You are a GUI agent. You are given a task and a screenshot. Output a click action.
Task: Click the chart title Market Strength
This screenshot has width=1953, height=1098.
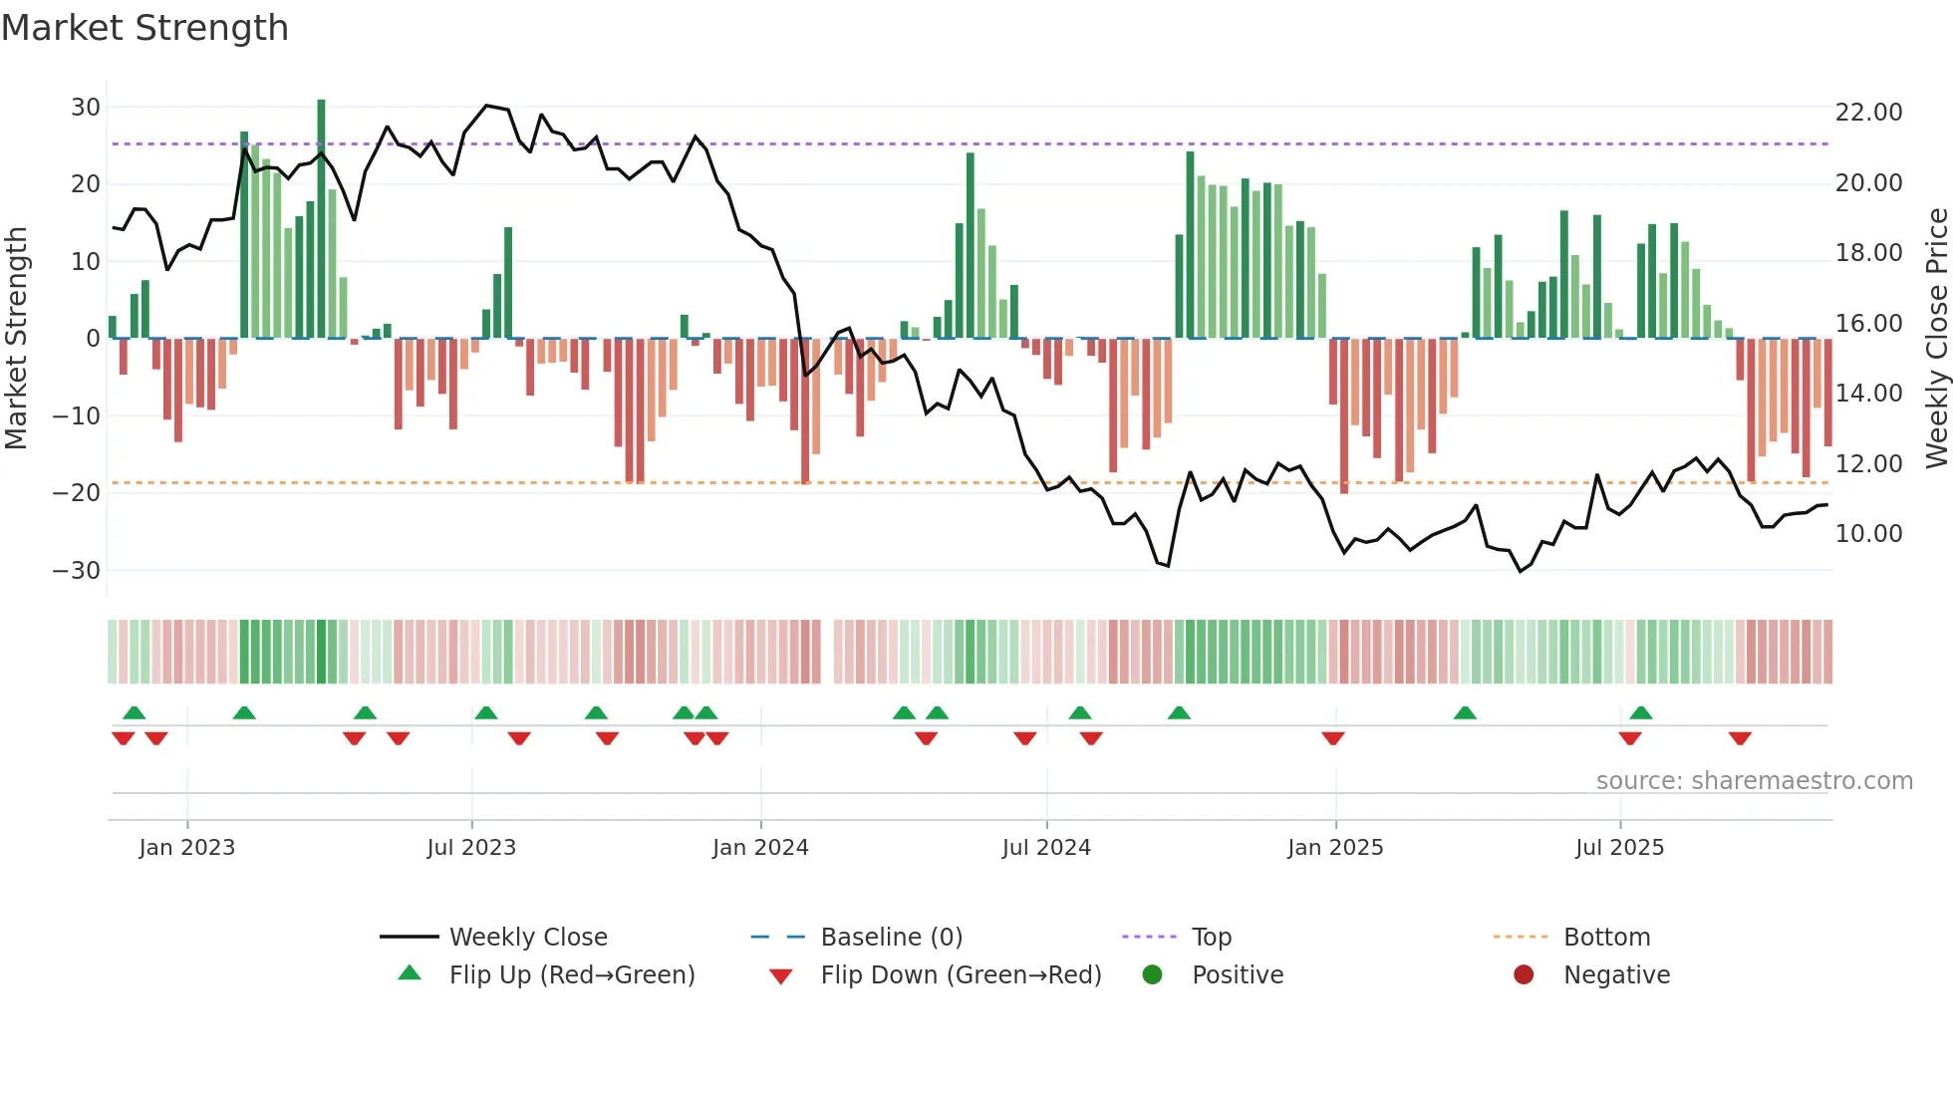click(145, 28)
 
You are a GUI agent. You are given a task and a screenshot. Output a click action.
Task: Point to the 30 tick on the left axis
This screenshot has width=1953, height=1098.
click(86, 108)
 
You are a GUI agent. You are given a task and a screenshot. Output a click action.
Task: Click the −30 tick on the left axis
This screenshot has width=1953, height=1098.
click(77, 571)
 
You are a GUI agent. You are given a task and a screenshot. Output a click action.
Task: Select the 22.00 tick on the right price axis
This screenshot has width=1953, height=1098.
click(1868, 113)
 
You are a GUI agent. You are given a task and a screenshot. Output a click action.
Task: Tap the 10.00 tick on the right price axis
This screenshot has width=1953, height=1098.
click(1868, 534)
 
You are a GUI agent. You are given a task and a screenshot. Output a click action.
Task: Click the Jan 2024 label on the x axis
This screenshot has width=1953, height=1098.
click(760, 848)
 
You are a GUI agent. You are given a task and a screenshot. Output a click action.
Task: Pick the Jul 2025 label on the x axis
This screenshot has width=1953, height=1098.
click(1619, 848)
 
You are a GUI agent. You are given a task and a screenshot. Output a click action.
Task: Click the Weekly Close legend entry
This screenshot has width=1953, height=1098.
click(527, 938)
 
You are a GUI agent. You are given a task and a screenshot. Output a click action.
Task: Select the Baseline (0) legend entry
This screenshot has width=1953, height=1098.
click(891, 938)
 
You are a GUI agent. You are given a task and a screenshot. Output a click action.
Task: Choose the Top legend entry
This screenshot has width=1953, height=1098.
click(1211, 938)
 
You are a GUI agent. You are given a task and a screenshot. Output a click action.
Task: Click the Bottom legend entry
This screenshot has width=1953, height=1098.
click(1606, 938)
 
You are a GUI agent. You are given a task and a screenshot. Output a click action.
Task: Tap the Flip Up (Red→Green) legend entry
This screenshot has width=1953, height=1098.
click(571, 975)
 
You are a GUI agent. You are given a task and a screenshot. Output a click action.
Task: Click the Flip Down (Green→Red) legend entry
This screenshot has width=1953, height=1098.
click(961, 975)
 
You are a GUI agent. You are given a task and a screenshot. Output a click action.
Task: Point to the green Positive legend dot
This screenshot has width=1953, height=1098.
click(1152, 975)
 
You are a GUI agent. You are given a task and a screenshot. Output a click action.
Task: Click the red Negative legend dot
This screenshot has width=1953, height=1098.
click(1524, 975)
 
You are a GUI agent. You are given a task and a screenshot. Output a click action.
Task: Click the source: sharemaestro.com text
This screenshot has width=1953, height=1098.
click(1754, 781)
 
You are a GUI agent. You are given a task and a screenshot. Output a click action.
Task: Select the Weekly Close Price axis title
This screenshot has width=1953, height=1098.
click(1936, 339)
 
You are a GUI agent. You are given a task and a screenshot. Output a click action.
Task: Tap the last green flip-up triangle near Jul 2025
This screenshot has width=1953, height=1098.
click(1641, 713)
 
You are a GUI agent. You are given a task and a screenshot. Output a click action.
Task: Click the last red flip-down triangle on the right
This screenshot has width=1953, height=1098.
click(1740, 738)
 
